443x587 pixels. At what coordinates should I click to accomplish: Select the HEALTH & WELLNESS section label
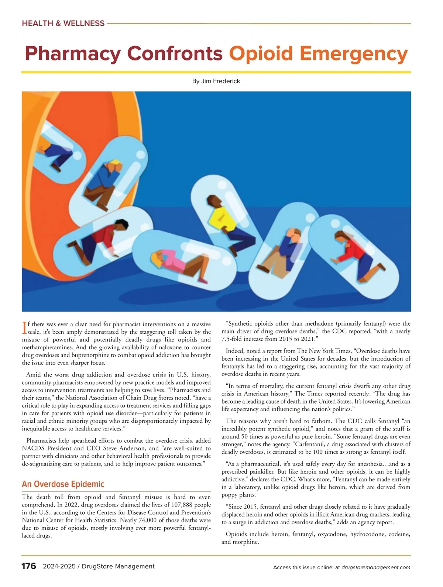point(63,23)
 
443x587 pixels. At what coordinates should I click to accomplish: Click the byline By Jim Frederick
point(216,81)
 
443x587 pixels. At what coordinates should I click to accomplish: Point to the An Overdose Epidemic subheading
point(63,484)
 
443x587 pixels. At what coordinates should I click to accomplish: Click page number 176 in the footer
point(29,566)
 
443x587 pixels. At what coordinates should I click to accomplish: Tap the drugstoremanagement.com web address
point(376,567)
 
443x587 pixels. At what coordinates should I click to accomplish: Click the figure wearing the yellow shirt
point(221,219)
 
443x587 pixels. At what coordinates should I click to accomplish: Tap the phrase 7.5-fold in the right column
point(235,339)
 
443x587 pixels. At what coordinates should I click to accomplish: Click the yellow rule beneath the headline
point(216,72)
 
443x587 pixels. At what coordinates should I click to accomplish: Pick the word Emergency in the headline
point(354,54)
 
